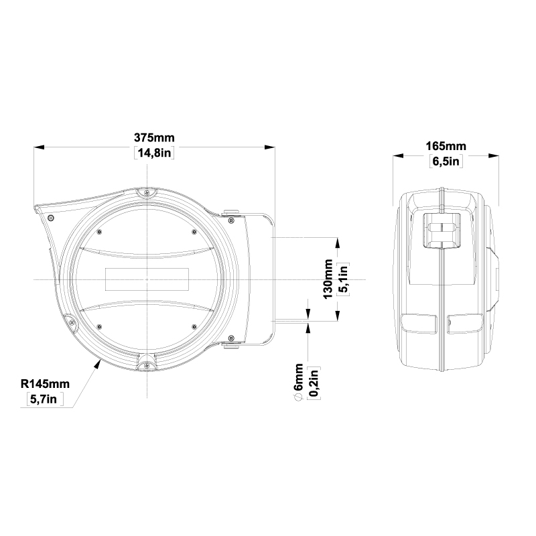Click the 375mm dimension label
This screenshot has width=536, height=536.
(x=154, y=138)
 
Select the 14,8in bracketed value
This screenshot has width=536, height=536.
(x=154, y=153)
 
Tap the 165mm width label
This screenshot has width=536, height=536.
(x=446, y=146)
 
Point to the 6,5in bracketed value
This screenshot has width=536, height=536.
(x=446, y=161)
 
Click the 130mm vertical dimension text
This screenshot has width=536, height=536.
(x=328, y=279)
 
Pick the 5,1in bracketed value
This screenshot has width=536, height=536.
(x=343, y=279)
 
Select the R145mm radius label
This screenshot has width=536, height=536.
(x=45, y=384)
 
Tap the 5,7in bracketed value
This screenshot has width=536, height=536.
(x=45, y=399)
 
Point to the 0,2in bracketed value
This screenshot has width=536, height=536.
(x=314, y=383)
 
